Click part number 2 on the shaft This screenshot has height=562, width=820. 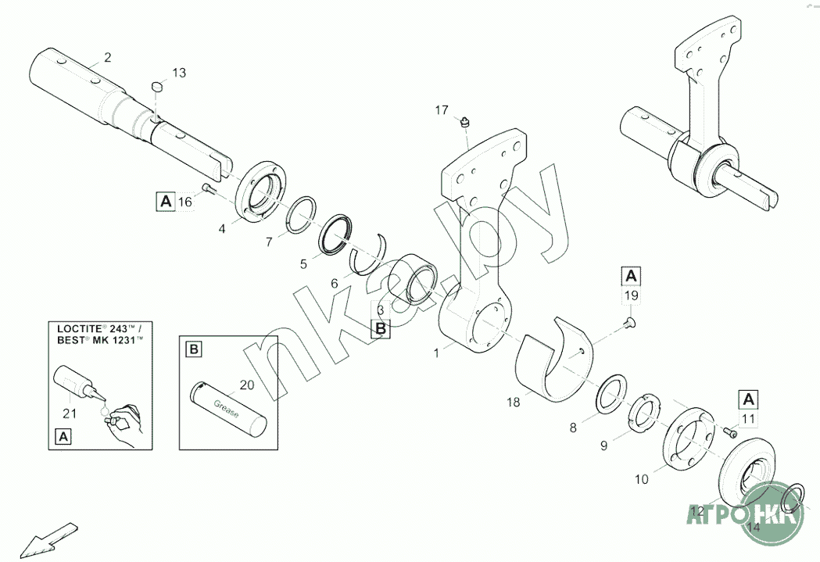point(108,56)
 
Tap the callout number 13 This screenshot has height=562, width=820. point(179,73)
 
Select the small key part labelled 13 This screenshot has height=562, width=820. point(156,84)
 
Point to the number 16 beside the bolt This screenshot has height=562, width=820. point(184,202)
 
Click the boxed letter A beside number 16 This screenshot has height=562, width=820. point(165,202)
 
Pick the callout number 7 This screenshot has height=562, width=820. point(269,242)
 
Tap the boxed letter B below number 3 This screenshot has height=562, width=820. point(381,329)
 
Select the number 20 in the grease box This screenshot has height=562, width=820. point(247,385)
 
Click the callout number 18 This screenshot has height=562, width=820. point(513,403)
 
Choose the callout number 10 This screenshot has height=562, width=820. point(642,479)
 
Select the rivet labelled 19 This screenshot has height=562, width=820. point(629,320)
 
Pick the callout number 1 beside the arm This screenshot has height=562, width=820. point(437,353)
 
